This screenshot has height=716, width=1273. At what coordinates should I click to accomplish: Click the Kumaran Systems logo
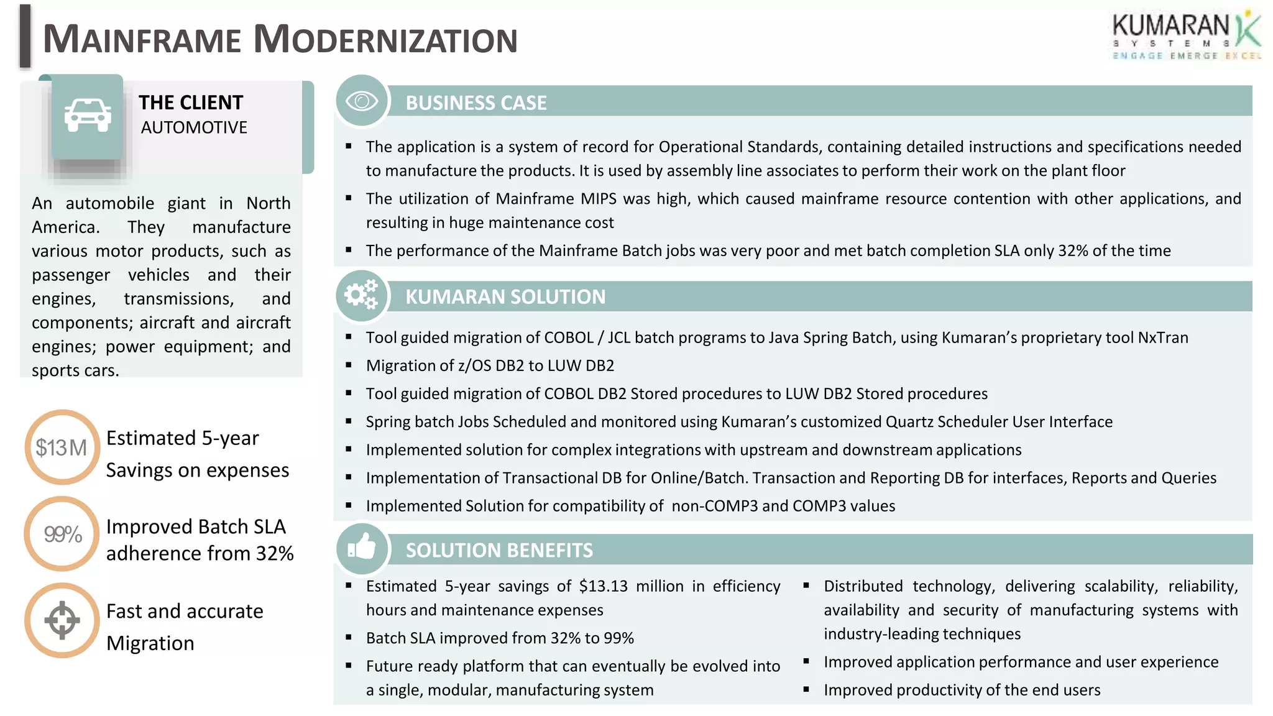point(1186,36)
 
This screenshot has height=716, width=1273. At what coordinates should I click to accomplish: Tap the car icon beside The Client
point(88,116)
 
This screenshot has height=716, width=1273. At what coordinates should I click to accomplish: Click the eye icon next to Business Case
point(362,101)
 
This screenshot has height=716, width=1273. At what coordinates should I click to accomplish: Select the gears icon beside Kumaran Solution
point(362,295)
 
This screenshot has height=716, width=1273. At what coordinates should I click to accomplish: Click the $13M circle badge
point(62,447)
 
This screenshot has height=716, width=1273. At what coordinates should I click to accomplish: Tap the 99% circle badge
point(62,534)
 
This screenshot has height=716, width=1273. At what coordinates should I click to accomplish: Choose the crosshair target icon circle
point(62,620)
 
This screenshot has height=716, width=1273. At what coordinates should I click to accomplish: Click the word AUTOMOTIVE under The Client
point(194,127)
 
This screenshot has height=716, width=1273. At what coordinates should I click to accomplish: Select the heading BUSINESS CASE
point(476,103)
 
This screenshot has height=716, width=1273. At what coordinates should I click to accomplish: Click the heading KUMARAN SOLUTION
point(505,296)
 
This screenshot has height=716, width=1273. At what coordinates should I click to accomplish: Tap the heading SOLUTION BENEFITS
point(499,550)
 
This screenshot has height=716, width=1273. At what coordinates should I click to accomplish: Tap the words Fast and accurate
point(185,611)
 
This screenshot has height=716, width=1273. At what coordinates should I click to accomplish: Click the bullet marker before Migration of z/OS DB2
point(349,365)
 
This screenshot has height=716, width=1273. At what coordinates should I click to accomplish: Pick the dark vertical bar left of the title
point(25,36)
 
